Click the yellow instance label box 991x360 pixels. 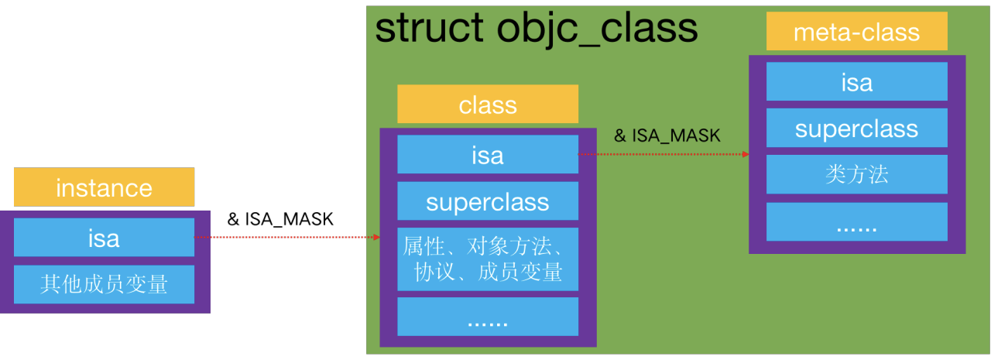[x=104, y=187]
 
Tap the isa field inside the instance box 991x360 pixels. [x=104, y=237]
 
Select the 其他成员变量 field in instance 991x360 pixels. [x=104, y=284]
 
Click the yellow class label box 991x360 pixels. [x=488, y=105]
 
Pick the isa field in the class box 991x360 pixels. [x=488, y=155]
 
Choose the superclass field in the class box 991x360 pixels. [x=488, y=201]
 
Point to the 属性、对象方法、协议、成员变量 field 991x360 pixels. [x=488, y=259]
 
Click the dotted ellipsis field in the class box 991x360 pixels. [x=488, y=317]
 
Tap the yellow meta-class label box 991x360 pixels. [x=856, y=32]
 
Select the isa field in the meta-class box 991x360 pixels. [x=856, y=81]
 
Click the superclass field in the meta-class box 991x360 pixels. [x=856, y=128]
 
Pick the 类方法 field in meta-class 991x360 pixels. [x=856, y=174]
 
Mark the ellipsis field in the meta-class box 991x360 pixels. [x=856, y=222]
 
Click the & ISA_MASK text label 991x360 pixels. [x=667, y=135]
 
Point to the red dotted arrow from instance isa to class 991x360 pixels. [x=286, y=237]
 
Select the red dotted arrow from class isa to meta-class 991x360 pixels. [x=662, y=154]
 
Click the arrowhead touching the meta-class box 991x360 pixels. [x=746, y=154]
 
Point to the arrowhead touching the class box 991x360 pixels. [x=376, y=237]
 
